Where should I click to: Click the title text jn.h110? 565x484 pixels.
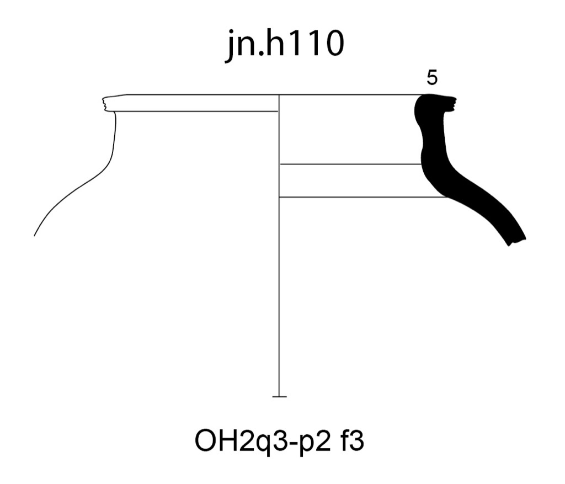pyautogui.click(x=285, y=45)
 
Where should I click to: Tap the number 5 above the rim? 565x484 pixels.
pyautogui.click(x=432, y=78)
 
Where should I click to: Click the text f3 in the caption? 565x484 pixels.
pyautogui.click(x=352, y=440)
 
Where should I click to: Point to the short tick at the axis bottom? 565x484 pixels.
pyautogui.click(x=280, y=397)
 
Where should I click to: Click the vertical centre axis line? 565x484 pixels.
pyautogui.click(x=279, y=245)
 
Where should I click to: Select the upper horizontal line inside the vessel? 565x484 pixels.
pyautogui.click(x=351, y=164)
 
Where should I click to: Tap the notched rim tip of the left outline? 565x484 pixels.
pyautogui.click(x=104, y=104)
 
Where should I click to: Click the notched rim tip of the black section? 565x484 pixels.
pyautogui.click(x=454, y=104)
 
